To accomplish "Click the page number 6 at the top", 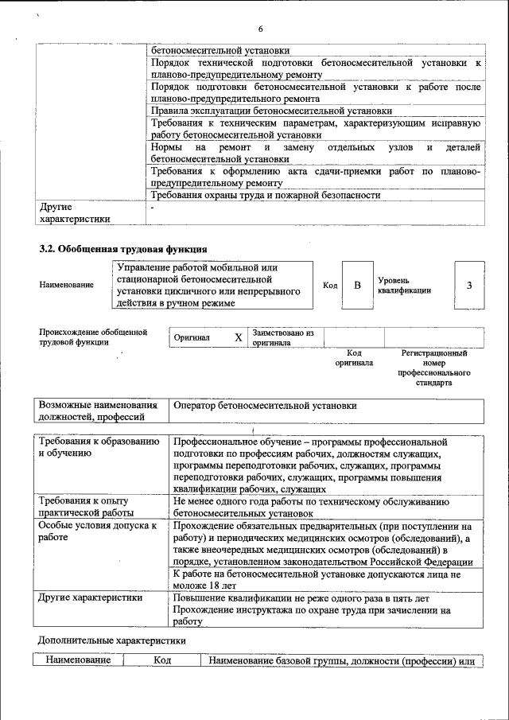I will click(x=259, y=29).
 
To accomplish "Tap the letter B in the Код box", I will click(x=357, y=285).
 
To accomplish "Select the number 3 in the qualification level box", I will click(x=469, y=285).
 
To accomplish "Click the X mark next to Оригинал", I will click(x=238, y=337).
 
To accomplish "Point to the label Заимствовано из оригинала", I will click(x=283, y=337).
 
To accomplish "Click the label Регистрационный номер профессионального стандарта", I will click(x=433, y=367).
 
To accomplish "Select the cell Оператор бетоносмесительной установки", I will click(x=266, y=406).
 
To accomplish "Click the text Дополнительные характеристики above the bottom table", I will click(x=112, y=640).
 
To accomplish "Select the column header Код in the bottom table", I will click(x=161, y=660).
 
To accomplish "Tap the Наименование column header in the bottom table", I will click(x=78, y=660).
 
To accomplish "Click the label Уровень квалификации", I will click(x=404, y=286).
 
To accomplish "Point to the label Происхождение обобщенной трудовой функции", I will click(x=94, y=337).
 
